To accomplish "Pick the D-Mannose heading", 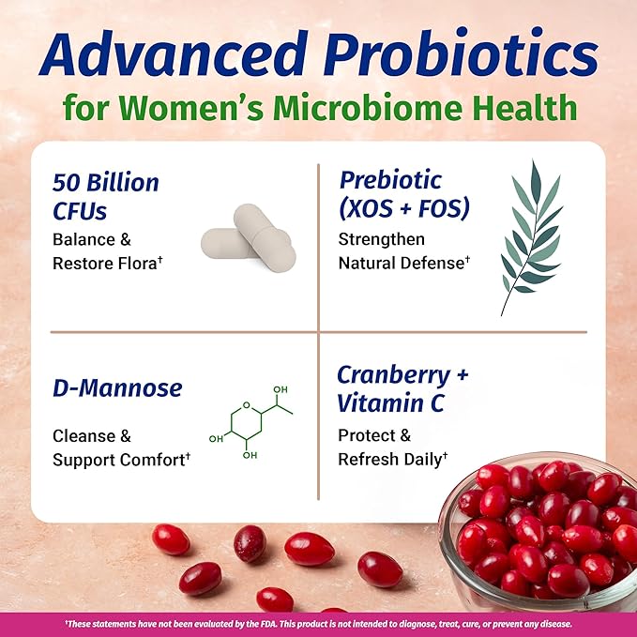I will (117, 388).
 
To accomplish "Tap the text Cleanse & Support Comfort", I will (121, 447).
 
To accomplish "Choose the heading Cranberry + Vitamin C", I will (402, 390).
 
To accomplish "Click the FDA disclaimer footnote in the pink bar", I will (318, 623).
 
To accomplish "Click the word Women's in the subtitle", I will (195, 107).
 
